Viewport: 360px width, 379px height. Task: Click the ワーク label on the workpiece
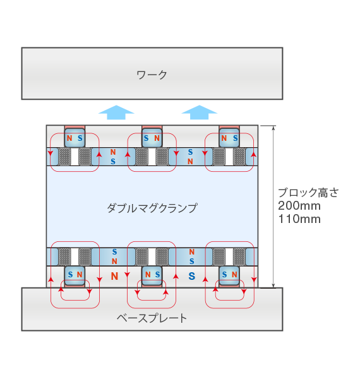pos(152,75)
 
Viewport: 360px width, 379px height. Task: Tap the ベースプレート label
pos(152,318)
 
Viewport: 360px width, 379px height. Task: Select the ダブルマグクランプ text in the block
pos(152,208)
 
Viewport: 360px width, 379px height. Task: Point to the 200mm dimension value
pos(299,206)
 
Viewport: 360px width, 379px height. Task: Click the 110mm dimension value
pos(299,219)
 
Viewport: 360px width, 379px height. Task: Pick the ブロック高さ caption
pos(308,193)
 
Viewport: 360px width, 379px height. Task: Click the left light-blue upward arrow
pos(116,112)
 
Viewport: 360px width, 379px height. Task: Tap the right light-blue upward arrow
pos(200,112)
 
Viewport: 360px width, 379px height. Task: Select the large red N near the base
pos(114,276)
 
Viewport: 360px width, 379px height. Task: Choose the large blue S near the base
pos(192,276)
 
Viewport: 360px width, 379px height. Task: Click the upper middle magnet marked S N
pos(152,138)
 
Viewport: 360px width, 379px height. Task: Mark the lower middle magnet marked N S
pos(152,275)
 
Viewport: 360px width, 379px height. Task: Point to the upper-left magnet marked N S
pos(75,138)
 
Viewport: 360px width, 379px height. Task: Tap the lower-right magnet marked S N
pos(229,275)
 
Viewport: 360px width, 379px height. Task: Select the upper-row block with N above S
pos(113,157)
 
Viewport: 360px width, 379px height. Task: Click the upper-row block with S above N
pos(190,157)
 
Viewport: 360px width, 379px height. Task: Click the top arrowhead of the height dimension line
pos(273,128)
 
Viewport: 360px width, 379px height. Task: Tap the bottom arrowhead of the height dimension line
pos(273,286)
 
